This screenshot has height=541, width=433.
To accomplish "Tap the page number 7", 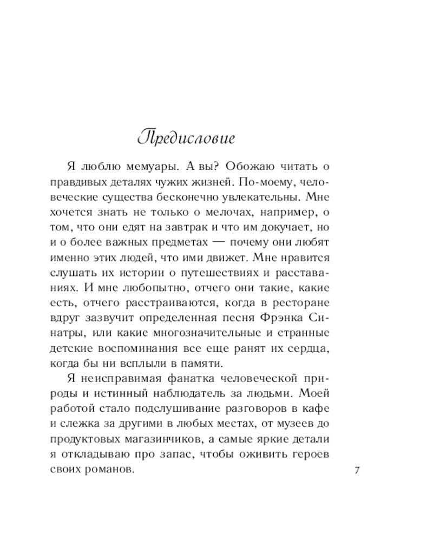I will pos(356,470).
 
